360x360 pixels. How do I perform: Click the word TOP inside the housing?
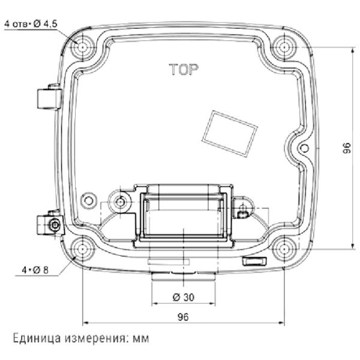pyautogui.click(x=182, y=70)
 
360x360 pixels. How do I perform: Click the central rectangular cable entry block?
pyautogui.click(x=183, y=213)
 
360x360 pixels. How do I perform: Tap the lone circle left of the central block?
pyautogui.click(x=89, y=199)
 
